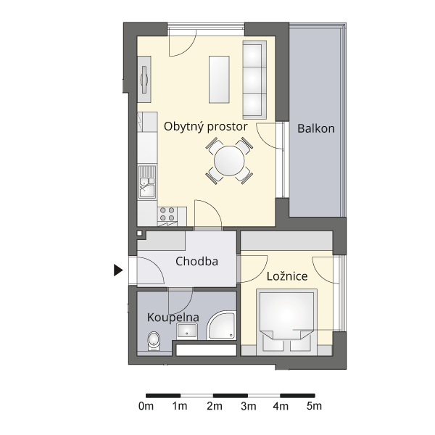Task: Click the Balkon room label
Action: (316, 129)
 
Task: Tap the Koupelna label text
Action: (173, 318)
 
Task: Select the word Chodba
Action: (196, 261)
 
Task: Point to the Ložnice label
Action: (287, 276)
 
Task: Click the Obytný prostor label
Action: (206, 127)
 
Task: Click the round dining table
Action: (229, 161)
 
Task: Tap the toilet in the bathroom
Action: (154, 341)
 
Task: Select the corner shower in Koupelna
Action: (221, 325)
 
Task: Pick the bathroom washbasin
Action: (187, 331)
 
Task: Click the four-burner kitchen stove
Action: (167, 214)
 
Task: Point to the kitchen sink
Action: (147, 182)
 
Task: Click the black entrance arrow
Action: (118, 270)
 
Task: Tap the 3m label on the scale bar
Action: (248, 407)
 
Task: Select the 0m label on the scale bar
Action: (146, 407)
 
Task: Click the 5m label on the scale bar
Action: (315, 407)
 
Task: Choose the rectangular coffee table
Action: (219, 80)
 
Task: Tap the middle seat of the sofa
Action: (253, 79)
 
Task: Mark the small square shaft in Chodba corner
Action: (139, 233)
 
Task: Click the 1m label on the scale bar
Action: (180, 407)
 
